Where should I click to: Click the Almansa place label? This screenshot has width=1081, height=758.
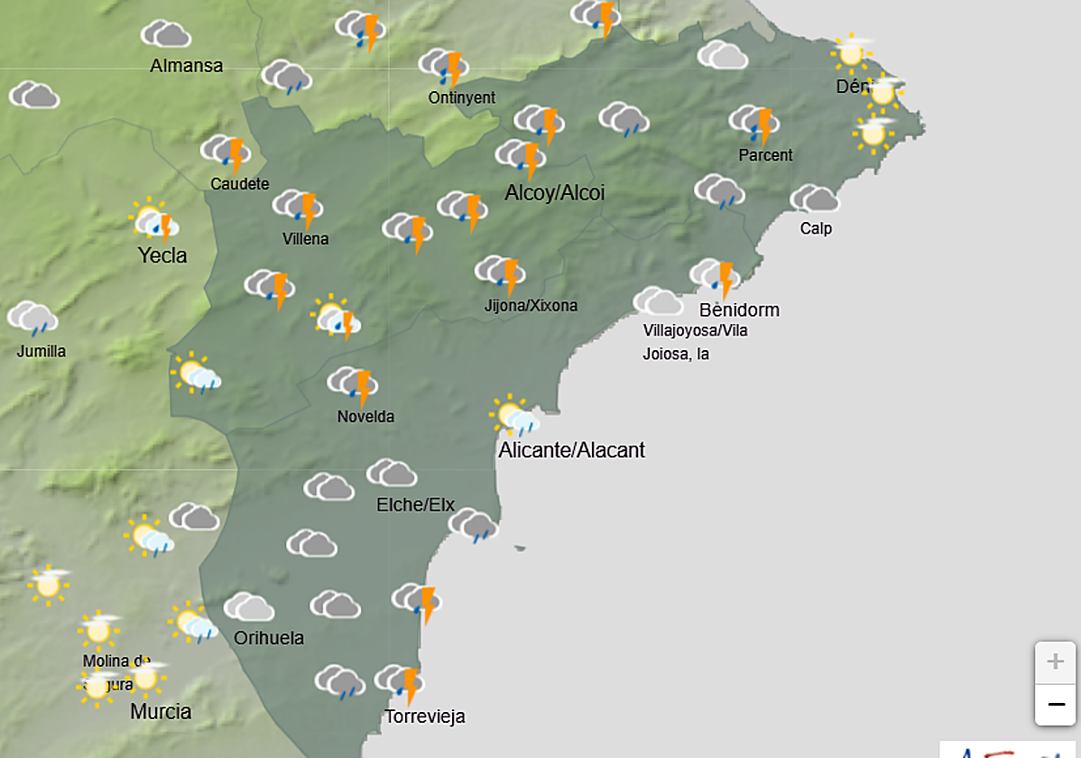[x=187, y=66]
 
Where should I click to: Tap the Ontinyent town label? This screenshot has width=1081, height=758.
[x=462, y=97]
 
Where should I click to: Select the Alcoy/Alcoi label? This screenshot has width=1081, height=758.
[x=554, y=193]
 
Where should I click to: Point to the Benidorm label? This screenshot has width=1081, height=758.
[x=739, y=310]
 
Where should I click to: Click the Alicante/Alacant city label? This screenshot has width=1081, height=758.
[x=572, y=450]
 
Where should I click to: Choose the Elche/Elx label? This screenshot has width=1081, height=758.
[x=415, y=504]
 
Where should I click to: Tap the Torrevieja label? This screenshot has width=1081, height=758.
[x=425, y=717]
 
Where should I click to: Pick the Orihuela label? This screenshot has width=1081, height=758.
[x=269, y=639]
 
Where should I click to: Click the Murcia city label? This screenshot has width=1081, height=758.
[x=161, y=712]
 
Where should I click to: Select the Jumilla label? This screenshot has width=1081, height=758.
[x=42, y=351]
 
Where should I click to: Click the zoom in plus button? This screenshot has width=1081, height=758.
[x=1055, y=662]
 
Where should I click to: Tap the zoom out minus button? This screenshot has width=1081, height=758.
[x=1055, y=703]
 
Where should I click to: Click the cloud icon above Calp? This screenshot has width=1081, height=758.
[x=814, y=199]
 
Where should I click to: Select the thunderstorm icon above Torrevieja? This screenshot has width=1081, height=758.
[x=401, y=682]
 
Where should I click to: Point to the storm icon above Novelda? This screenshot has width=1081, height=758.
[x=353, y=384]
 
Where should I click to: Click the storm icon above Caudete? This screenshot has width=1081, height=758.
[x=226, y=153]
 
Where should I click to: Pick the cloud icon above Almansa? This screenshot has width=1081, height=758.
[x=166, y=34]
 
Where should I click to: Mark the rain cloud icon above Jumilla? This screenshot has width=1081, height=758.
[x=33, y=318]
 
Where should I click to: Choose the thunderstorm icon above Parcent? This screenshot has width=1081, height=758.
[x=754, y=123]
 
